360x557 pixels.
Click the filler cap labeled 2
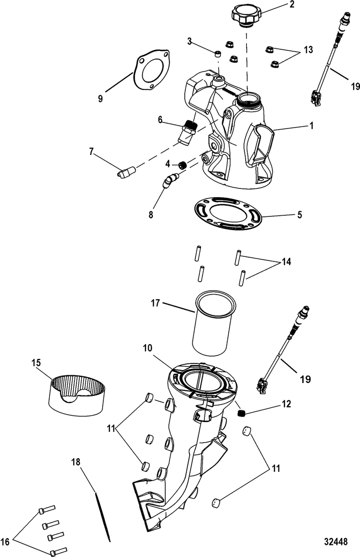[x=246, y=16]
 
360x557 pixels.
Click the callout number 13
[x=308, y=50]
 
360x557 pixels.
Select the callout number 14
[x=286, y=262]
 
